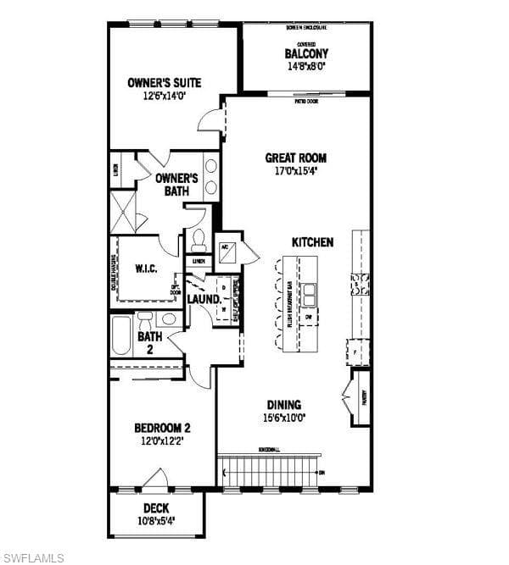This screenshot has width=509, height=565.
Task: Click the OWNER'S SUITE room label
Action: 165,83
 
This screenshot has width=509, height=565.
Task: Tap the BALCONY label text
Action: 306,53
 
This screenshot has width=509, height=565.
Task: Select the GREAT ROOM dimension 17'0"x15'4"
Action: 295,171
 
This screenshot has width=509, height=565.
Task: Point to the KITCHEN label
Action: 312,242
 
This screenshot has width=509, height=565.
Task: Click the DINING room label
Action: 284,405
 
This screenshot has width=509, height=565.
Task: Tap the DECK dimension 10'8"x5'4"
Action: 156,521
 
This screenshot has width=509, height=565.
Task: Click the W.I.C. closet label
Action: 146,269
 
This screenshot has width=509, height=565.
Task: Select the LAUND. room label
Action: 204,299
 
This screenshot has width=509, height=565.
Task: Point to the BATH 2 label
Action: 150,342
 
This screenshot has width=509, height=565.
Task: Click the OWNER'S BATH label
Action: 177,185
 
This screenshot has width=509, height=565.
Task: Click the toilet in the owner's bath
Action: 199,239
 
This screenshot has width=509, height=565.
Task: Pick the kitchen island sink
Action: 310,293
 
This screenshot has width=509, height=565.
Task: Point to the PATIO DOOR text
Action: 307,101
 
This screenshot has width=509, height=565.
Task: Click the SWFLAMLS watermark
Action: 34,557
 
